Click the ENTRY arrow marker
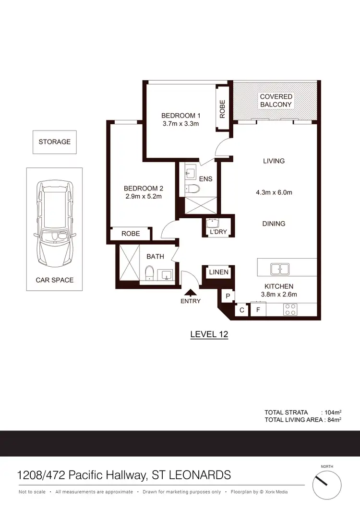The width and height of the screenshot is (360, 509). (191, 292)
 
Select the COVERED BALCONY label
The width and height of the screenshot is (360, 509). (276, 101)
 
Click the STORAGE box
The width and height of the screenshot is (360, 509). (55, 142)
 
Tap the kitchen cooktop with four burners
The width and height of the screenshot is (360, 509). (290, 309)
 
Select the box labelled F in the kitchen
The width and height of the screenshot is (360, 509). (258, 310)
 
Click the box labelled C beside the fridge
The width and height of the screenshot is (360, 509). (242, 310)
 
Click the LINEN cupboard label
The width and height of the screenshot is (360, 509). (218, 272)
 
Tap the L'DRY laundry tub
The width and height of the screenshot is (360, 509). (212, 224)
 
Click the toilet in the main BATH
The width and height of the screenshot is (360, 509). (149, 274)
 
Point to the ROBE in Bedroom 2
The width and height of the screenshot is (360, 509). (131, 234)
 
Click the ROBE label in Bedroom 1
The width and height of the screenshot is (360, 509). (222, 109)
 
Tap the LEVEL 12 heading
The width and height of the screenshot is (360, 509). (209, 334)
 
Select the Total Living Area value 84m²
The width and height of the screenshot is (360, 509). (334, 420)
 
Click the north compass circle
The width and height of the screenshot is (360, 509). (329, 485)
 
